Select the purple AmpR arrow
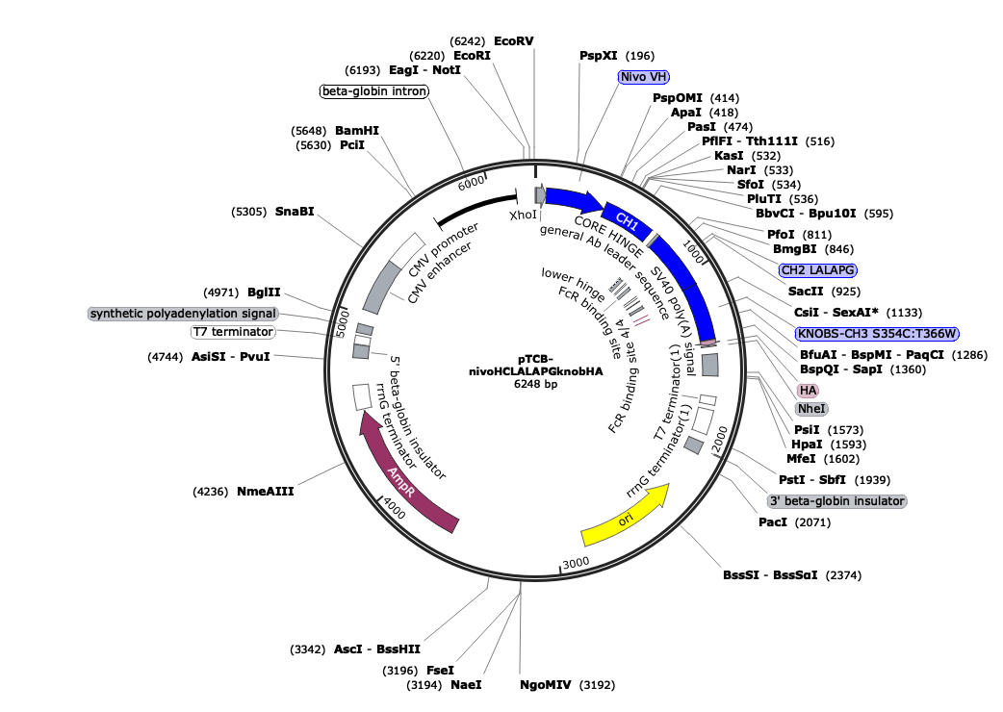coord(404,471)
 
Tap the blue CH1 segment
coord(628,218)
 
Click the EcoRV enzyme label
coord(513,41)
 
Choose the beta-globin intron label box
coord(373,91)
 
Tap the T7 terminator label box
coord(232,332)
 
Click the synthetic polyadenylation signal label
coord(183,314)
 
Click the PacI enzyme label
coord(773,522)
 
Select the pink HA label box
coord(807,390)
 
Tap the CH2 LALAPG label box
coord(818,269)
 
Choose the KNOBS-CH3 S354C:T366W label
coord(877,333)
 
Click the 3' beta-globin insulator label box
coord(836,501)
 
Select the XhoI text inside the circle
coord(523,216)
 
